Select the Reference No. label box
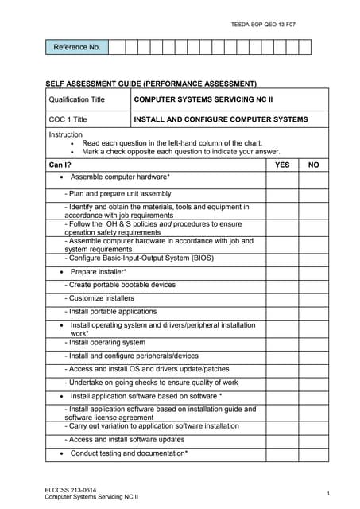[x=76, y=47]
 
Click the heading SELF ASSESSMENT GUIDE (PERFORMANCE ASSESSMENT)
[x=150, y=83]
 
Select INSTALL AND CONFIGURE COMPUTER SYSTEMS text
[x=220, y=119]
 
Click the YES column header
[x=282, y=165]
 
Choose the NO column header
[x=313, y=165]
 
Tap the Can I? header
[x=60, y=165]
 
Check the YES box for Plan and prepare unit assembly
[x=282, y=194]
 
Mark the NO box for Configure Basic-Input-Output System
[x=313, y=258]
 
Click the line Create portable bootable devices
[x=120, y=284]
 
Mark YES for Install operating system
[x=282, y=342]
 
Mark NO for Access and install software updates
[x=313, y=439]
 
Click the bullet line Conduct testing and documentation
[x=128, y=453]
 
